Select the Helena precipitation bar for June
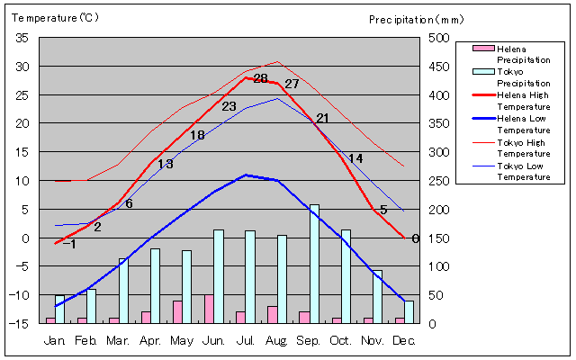[x=209, y=309]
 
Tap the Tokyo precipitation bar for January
[x=60, y=309]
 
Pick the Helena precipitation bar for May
[x=177, y=311]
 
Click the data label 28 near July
[x=260, y=79]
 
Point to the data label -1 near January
[x=69, y=244]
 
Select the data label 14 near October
[x=355, y=158]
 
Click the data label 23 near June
[x=229, y=107]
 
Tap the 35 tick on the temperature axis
[x=22, y=38]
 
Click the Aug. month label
[x=276, y=341]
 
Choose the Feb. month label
[x=85, y=341]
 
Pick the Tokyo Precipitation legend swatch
[x=483, y=71]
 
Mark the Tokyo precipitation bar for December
[x=409, y=311]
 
